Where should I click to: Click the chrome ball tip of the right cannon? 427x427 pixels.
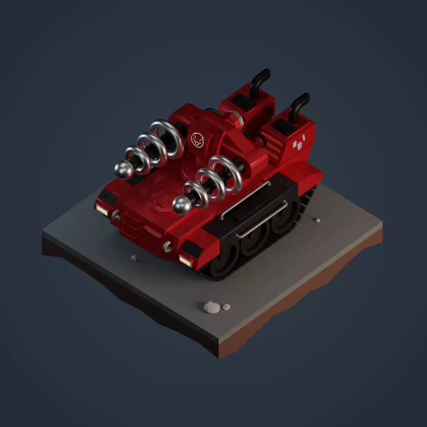(182, 205)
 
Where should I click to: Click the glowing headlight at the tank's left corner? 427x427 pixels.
(102, 210)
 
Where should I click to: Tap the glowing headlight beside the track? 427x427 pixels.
(185, 261)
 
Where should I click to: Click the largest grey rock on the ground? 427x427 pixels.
(212, 307)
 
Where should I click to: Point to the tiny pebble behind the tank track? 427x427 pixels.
(317, 220)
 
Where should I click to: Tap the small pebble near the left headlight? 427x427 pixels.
(134, 258)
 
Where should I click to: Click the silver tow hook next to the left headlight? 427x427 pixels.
(115, 216)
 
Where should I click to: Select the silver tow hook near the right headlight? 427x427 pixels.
(167, 247)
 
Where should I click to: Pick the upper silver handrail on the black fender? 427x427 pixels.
(245, 200)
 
